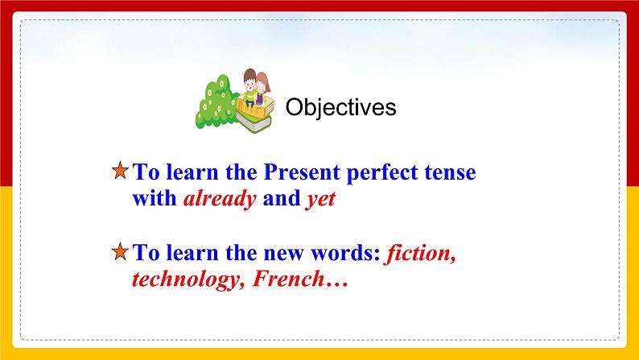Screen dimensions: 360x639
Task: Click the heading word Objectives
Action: (341, 107)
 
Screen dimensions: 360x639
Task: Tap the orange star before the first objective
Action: (119, 172)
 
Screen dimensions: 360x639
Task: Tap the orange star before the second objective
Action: (119, 254)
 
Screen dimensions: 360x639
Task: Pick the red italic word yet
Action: (319, 200)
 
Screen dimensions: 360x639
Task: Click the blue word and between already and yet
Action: (281, 200)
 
